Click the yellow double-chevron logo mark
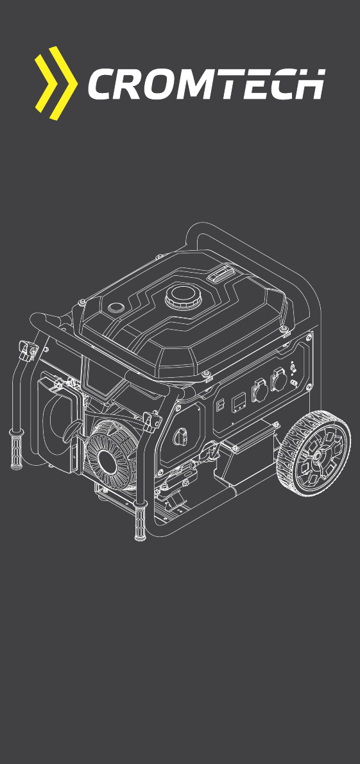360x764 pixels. click(56, 83)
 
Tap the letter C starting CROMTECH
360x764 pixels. click(101, 84)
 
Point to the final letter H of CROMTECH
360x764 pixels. click(309, 84)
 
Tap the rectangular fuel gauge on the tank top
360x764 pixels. click(221, 275)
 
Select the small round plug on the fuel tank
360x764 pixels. click(116, 307)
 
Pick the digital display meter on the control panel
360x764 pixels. click(239, 401)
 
